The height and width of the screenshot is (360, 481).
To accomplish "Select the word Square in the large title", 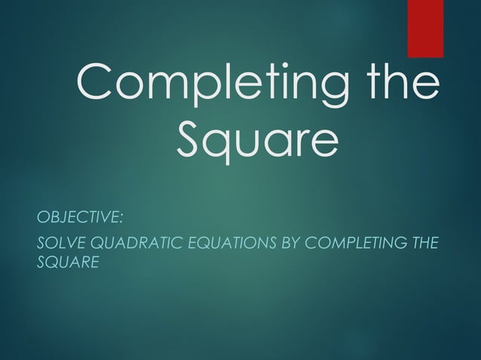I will (256, 140).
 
